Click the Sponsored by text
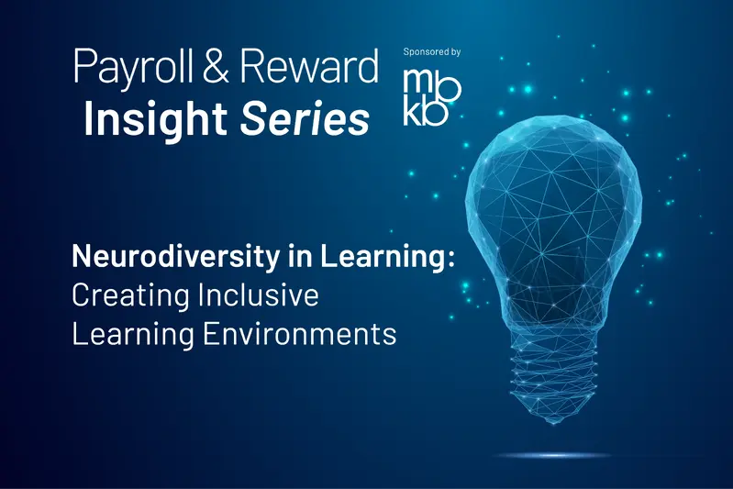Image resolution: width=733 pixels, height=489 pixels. coord(433,52)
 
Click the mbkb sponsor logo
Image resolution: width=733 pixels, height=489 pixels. coord(432,94)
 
